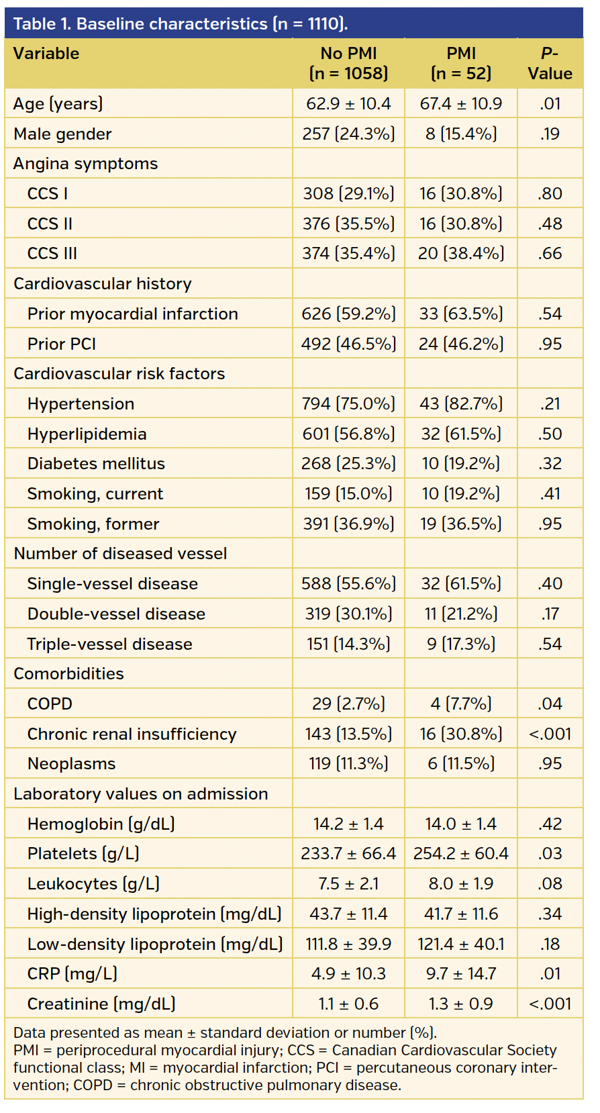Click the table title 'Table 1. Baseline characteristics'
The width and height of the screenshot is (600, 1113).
[x=180, y=23]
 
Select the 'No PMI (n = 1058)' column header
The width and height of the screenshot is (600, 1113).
[x=348, y=63]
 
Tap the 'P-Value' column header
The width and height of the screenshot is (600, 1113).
[x=549, y=63]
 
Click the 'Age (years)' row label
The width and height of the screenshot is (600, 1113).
[x=58, y=103]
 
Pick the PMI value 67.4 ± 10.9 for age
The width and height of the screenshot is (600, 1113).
[x=460, y=103]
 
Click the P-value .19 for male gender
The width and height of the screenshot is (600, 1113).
[x=549, y=134]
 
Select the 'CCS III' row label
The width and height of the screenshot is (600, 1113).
[x=52, y=253]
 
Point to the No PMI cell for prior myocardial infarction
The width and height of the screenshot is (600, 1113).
[x=348, y=313]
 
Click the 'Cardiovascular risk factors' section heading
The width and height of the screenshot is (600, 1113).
[x=119, y=373]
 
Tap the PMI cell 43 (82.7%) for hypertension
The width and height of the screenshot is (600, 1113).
[x=460, y=403]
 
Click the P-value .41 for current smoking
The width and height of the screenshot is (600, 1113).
[x=549, y=493]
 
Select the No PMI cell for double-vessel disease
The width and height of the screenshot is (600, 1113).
[x=348, y=614]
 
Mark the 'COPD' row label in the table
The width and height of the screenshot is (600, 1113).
[x=50, y=704]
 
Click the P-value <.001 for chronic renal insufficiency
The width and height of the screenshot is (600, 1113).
[x=549, y=734]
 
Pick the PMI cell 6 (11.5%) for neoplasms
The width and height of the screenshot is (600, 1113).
[x=460, y=763]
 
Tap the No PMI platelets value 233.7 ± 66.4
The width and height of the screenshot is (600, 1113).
[x=348, y=853]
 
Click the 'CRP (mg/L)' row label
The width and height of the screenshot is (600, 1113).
[x=72, y=973]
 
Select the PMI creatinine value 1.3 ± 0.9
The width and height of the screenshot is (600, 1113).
[x=460, y=1004]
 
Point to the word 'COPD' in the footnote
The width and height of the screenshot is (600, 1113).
[x=93, y=1085]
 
